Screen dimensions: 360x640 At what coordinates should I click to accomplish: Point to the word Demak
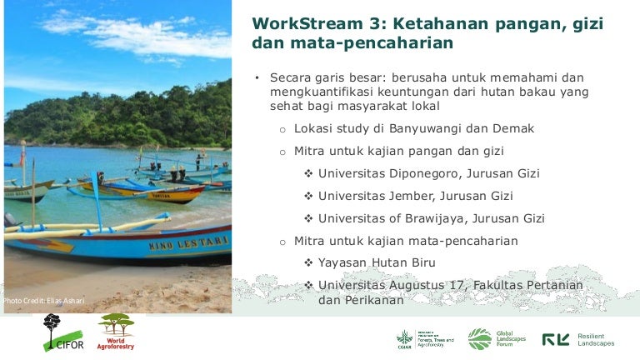(514, 129)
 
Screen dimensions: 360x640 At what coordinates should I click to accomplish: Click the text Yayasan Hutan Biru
(377, 263)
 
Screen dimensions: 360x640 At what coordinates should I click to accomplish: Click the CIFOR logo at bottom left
(57, 333)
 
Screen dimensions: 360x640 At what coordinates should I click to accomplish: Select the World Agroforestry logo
(115, 332)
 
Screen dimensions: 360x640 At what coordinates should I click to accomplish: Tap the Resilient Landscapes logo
(578, 339)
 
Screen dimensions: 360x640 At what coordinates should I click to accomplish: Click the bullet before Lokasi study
(282, 130)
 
